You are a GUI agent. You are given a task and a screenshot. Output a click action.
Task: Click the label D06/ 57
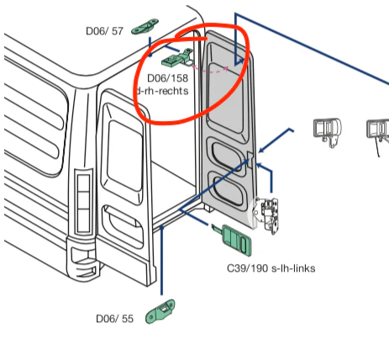(104, 31)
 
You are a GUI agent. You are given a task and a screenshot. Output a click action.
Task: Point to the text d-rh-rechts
(161, 91)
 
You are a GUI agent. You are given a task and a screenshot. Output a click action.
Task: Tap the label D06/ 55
(114, 319)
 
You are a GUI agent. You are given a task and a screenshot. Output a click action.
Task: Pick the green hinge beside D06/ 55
(160, 313)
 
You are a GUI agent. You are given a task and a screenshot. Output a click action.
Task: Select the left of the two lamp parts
(323, 130)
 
